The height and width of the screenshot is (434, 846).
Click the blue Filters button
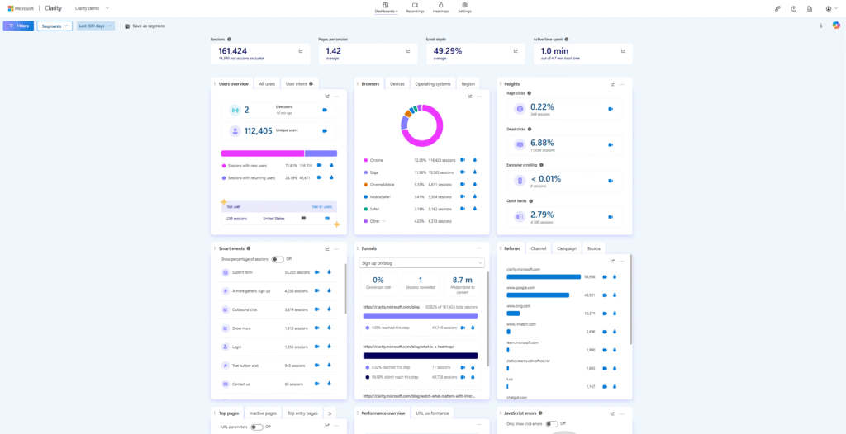tap(18, 26)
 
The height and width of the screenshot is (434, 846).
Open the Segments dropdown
tap(54, 26)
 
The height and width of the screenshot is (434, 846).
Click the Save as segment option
tap(145, 26)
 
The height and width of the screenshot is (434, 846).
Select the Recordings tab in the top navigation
tap(415, 8)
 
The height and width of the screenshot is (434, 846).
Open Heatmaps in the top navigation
tap(441, 8)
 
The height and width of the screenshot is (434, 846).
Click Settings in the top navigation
tap(465, 8)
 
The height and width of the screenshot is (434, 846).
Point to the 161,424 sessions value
tap(234, 50)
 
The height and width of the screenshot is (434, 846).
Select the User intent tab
tap(298, 83)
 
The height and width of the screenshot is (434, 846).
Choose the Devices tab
tap(397, 83)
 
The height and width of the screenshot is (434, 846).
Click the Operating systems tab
tap(433, 83)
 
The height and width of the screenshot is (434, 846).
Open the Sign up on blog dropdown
tap(421, 262)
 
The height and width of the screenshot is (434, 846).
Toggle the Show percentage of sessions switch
tap(277, 258)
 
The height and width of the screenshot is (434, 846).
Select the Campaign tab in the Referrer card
tap(566, 248)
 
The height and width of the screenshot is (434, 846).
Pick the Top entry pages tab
tap(302, 413)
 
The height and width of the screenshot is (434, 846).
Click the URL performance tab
tap(432, 413)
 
